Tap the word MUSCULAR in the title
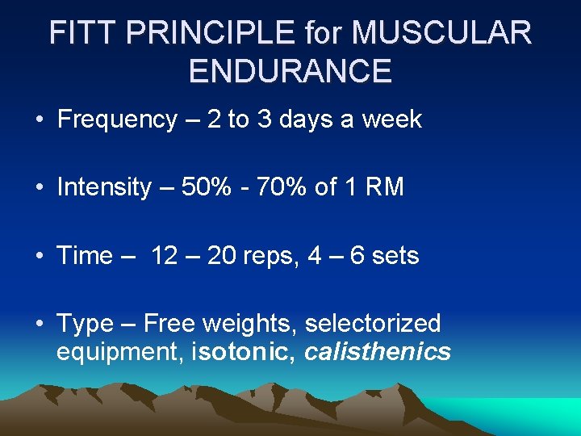[x=442, y=33]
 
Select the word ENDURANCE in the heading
[x=290, y=71]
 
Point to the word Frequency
[x=117, y=119]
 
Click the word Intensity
[x=104, y=187]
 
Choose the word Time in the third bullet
[x=85, y=256]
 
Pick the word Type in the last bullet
[x=85, y=324]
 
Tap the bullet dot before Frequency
[x=39, y=120]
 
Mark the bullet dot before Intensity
[x=39, y=188]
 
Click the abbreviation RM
[x=386, y=187]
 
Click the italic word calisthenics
[x=378, y=352]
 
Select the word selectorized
[x=373, y=324]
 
